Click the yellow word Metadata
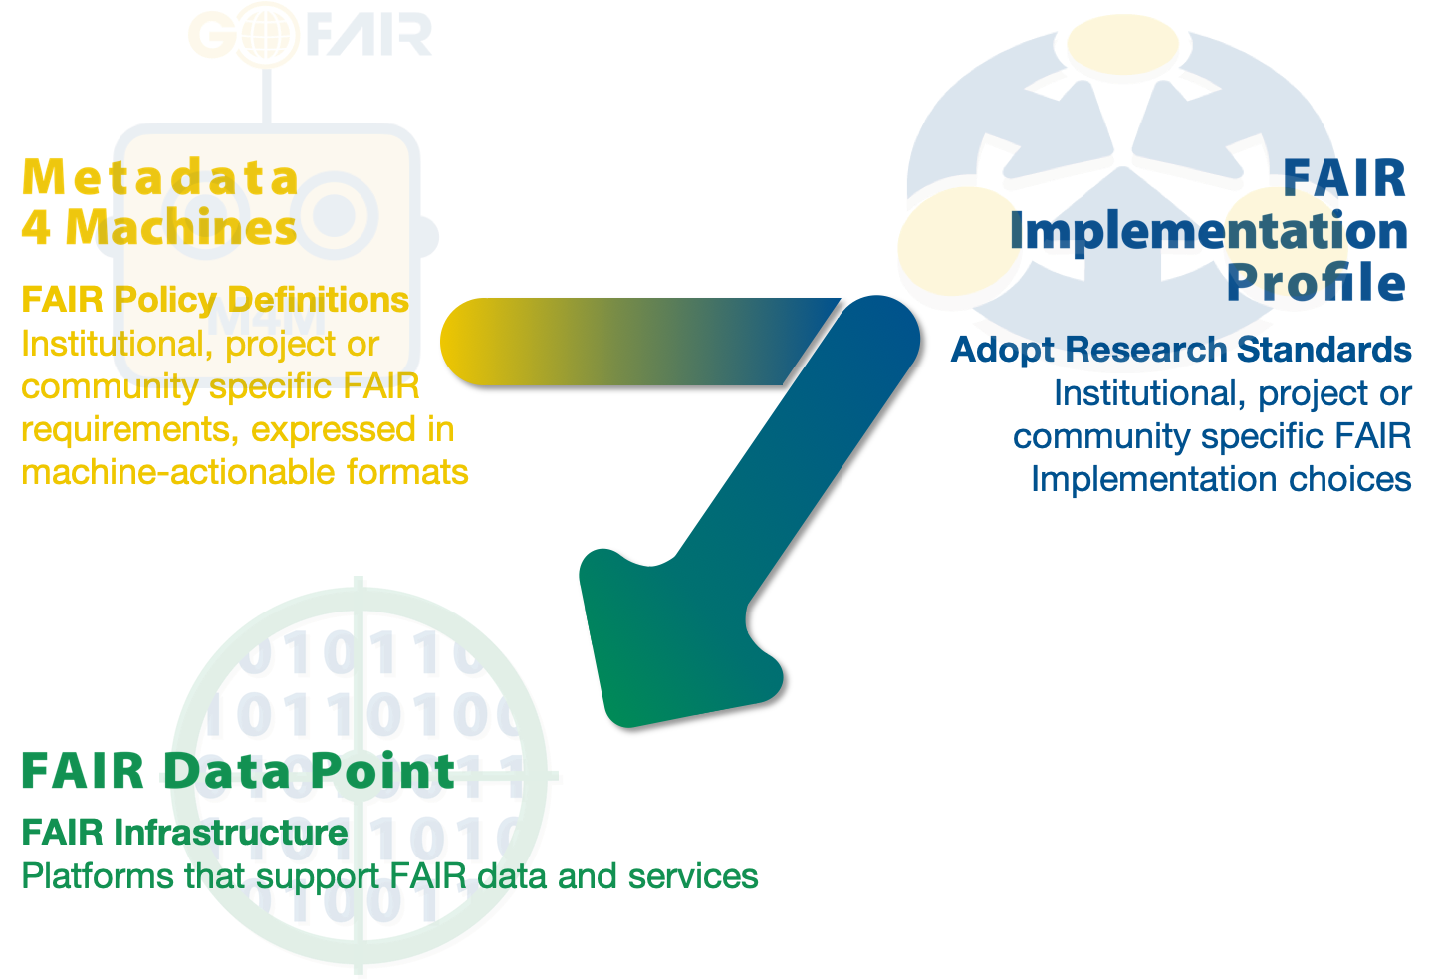pyautogui.click(x=160, y=176)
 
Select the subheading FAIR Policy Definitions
pyautogui.click(x=215, y=300)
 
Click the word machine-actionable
pyautogui.click(x=178, y=472)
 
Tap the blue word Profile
pyautogui.click(x=1317, y=282)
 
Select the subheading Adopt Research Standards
pyautogui.click(x=1181, y=351)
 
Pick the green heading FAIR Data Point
pyautogui.click(x=239, y=771)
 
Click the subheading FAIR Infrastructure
pyautogui.click(x=184, y=833)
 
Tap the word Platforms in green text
pyautogui.click(x=98, y=876)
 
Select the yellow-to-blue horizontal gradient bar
pyautogui.click(x=631, y=342)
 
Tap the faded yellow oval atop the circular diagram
pyautogui.click(x=1123, y=44)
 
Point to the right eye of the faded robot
pyautogui.click(x=336, y=215)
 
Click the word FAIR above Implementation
pyautogui.click(x=1344, y=178)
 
